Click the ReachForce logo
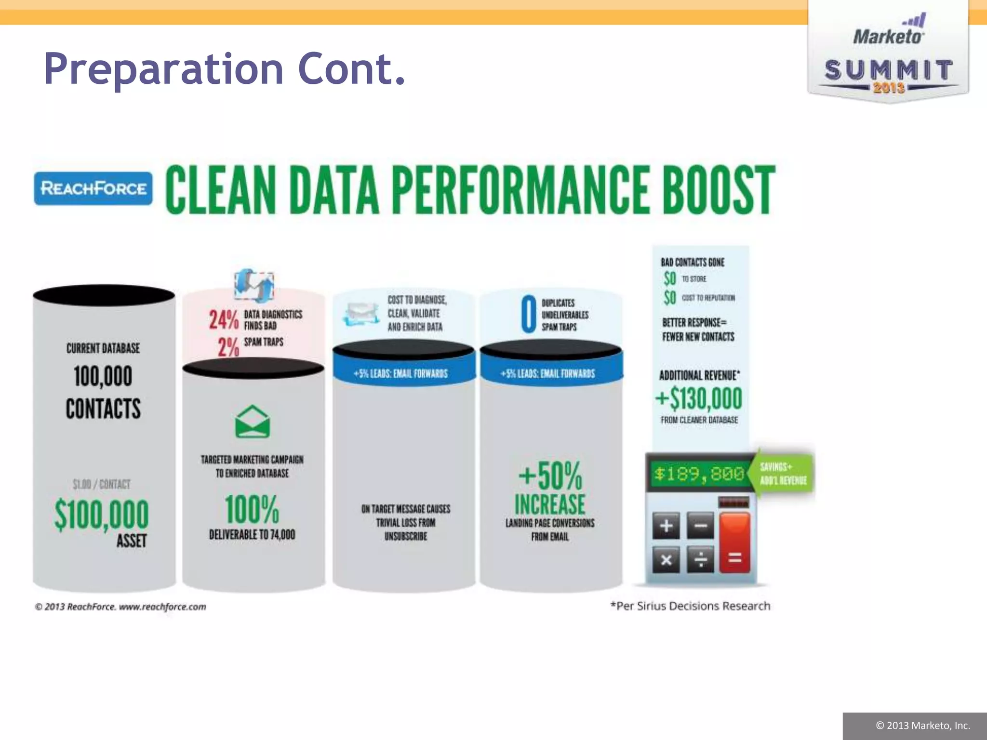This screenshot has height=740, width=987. point(93,188)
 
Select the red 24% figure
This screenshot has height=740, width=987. point(224,319)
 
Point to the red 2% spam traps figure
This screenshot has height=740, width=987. point(228,347)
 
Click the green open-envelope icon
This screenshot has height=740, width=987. point(252,422)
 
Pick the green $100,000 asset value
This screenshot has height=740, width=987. point(102,514)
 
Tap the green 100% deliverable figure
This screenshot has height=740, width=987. point(252,509)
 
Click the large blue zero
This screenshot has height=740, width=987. point(528,314)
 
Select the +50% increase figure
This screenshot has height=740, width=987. point(550,476)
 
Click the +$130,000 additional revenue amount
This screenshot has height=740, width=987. point(699,398)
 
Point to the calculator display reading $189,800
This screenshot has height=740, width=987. point(699,474)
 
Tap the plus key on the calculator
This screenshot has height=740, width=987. point(666,525)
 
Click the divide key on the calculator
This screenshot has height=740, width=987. point(700,559)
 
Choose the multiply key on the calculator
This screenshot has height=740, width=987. point(666,559)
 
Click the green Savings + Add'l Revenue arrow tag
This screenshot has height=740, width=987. point(783,474)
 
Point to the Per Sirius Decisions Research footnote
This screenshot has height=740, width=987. point(690,606)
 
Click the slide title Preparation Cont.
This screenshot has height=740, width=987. point(225,69)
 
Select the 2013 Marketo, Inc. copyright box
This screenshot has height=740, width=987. point(915,726)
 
